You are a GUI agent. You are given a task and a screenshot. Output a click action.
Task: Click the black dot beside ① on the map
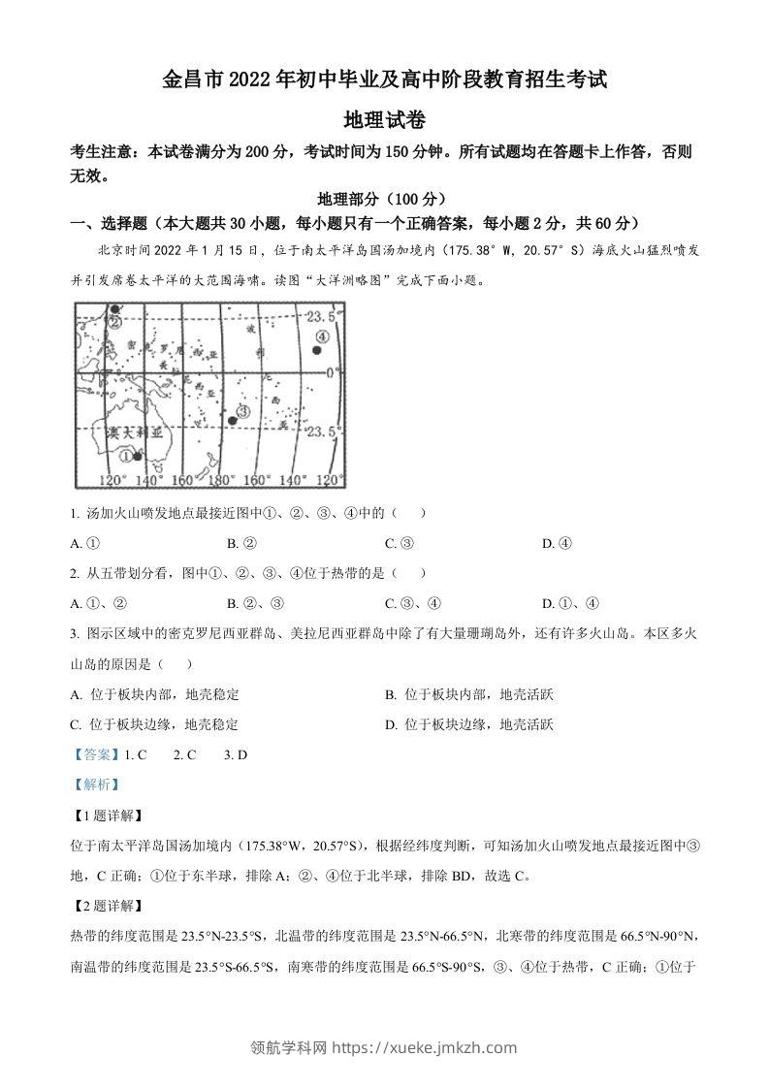click(139, 456)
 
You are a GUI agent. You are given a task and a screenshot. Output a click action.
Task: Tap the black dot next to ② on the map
click(110, 310)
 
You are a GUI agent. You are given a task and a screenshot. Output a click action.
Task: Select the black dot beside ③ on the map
click(232, 420)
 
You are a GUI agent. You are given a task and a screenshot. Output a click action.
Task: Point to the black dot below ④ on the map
click(316, 350)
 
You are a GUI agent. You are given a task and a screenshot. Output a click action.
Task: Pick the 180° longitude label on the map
click(223, 480)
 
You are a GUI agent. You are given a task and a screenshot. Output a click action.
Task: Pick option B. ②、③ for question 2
click(255, 603)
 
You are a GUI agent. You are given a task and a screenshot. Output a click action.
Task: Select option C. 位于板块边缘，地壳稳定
click(155, 723)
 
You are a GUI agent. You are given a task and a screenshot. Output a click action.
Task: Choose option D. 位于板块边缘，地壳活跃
click(469, 723)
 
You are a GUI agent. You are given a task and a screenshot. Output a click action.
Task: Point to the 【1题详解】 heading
click(108, 816)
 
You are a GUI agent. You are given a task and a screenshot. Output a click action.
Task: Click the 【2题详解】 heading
click(108, 907)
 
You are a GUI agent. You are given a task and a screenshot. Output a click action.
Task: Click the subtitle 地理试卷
click(385, 120)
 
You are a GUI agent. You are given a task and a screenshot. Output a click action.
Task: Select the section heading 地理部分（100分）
click(385, 199)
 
